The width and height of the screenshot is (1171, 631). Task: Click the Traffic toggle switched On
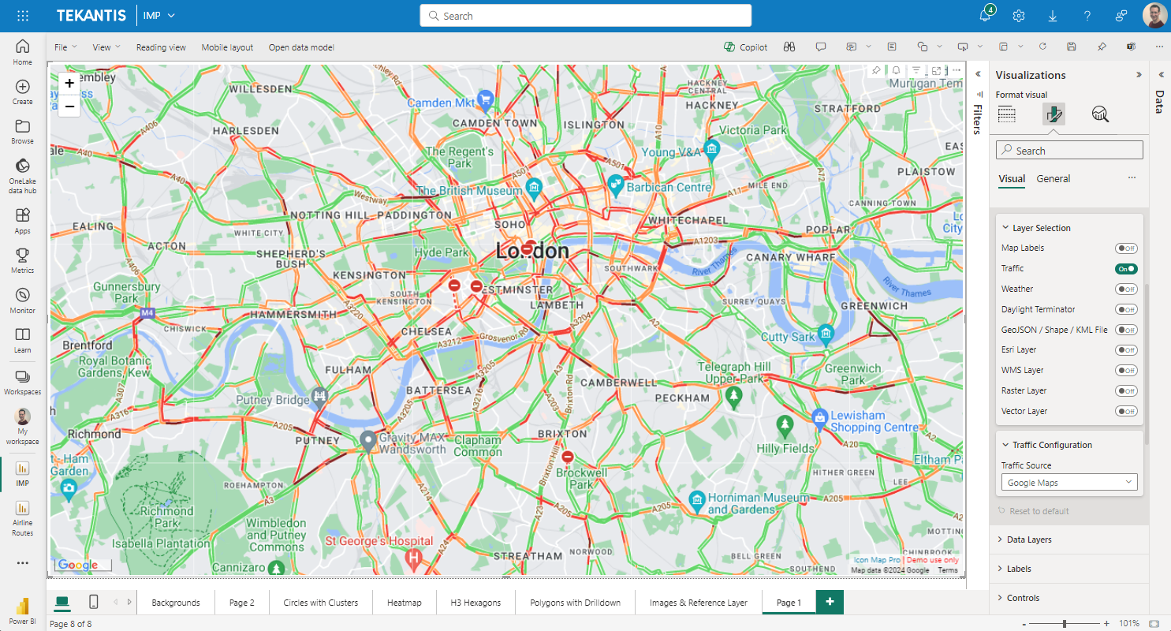[1126, 269]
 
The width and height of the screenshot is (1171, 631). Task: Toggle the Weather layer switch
[1126, 289]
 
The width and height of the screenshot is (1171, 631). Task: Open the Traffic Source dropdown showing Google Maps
[1068, 483]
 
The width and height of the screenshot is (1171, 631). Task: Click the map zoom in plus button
[69, 83]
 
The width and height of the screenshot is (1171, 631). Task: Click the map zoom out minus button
[69, 106]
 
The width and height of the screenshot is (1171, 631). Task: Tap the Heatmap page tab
[404, 603]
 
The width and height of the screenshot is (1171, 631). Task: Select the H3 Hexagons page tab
[475, 603]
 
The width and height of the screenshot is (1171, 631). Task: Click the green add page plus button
[830, 602]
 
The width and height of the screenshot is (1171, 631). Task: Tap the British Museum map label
[469, 190]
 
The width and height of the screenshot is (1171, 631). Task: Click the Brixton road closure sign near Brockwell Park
[568, 457]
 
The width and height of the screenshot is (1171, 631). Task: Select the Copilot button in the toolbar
[746, 47]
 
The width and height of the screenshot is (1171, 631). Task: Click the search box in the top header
[585, 16]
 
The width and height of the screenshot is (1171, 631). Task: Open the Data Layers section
[1029, 540]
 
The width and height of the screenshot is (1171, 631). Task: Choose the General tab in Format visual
[1053, 179]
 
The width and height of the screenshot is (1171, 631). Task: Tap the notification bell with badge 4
[985, 16]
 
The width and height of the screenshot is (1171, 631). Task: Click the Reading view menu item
[161, 47]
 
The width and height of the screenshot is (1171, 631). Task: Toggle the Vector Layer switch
[1126, 411]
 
